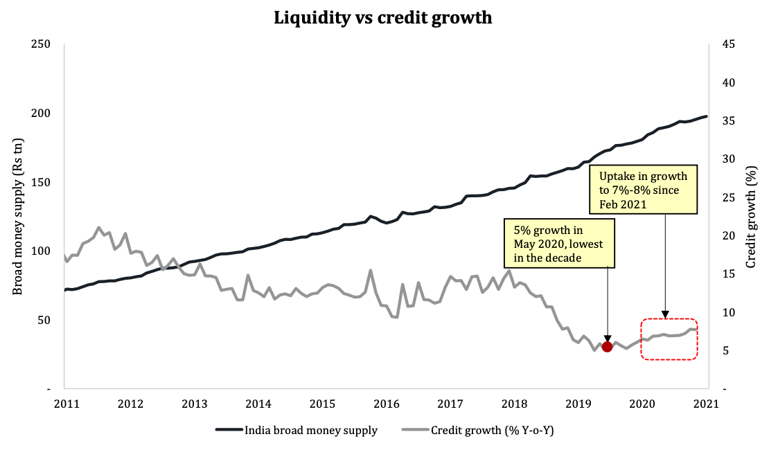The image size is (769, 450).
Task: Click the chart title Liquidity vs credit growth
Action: [x=383, y=18]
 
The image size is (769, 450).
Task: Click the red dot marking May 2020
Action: [x=608, y=347]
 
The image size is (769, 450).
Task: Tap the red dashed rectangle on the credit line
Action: [x=669, y=339]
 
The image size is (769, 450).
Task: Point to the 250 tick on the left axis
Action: [x=41, y=44]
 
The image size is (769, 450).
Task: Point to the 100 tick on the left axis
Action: [x=41, y=251]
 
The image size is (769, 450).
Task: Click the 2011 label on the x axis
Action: [x=65, y=403]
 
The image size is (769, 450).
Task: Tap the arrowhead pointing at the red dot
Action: [x=608, y=339]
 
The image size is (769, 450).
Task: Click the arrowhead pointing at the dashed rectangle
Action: [x=666, y=315]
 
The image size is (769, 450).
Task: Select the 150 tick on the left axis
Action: [x=41, y=182]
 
